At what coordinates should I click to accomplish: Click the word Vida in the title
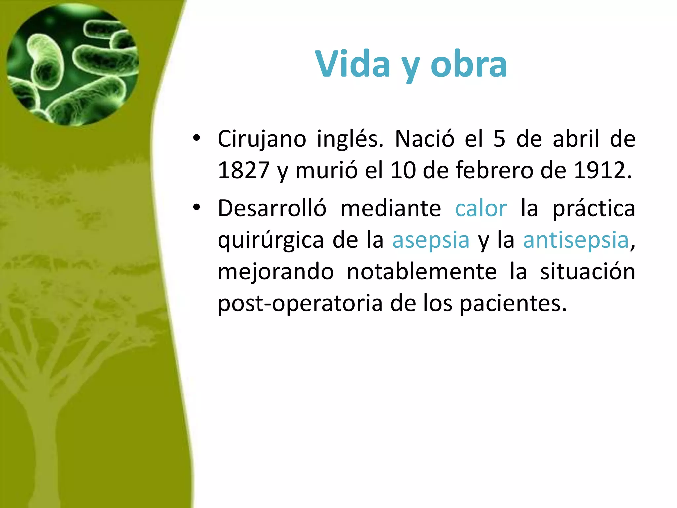coord(352,64)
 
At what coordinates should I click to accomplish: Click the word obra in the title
coord(469,64)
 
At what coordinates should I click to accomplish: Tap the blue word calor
coord(481,209)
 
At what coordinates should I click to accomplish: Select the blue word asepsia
coord(431,240)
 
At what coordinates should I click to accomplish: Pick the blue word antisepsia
coord(576,240)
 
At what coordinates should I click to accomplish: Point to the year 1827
coord(244,171)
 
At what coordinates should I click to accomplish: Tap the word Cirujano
coord(262,139)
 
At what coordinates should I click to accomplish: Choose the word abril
coord(576,139)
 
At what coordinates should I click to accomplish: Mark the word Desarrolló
coord(272,209)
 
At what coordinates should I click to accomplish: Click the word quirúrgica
coord(270,240)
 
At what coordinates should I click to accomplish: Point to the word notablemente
coord(421,272)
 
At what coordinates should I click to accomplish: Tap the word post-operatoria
coord(300,304)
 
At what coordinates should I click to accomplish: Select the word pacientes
coord(513,304)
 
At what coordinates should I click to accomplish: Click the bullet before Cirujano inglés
coord(197,138)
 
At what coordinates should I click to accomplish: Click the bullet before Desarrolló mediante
coord(197,208)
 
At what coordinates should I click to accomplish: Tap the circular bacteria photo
coord(73,64)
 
